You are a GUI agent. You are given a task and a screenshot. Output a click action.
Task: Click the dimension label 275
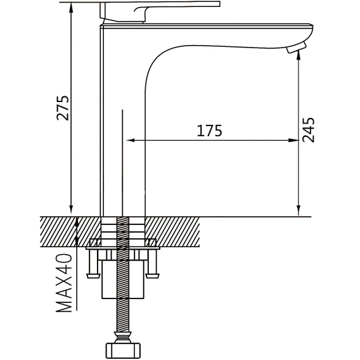63,108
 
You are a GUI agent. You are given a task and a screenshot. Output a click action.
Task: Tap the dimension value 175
210,131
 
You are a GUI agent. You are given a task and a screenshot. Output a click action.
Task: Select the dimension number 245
308,130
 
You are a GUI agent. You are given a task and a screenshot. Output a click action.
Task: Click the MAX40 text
64,283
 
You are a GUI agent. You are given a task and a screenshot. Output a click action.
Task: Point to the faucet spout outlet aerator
297,48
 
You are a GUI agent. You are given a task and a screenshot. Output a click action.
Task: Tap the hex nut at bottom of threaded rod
123,351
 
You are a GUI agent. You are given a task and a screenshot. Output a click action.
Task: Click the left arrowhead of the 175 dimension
131,140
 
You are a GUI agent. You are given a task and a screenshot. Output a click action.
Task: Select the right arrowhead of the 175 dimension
293,140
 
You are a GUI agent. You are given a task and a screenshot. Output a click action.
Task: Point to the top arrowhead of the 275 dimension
71,8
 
